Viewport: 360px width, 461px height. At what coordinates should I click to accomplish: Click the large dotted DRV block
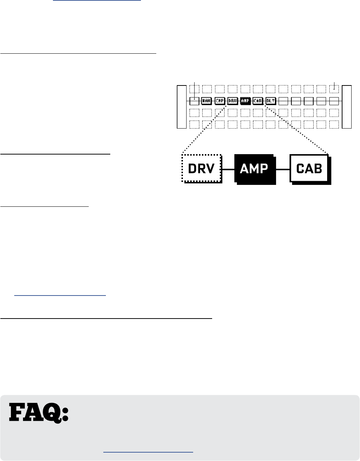click(x=202, y=168)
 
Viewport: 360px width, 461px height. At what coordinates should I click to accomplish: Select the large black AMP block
click(x=254, y=168)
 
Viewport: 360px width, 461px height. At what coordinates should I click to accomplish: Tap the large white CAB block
click(x=309, y=168)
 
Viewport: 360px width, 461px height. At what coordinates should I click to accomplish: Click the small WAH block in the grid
click(x=207, y=100)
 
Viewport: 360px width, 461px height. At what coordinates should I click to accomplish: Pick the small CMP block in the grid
click(x=219, y=100)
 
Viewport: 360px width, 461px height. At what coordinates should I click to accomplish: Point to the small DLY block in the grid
click(x=271, y=100)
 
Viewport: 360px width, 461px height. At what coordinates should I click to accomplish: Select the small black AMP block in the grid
click(x=245, y=100)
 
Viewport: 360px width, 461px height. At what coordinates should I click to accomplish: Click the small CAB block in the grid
click(x=258, y=100)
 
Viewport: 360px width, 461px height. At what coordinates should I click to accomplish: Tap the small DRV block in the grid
click(x=232, y=100)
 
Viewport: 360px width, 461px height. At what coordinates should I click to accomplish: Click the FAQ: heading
click(x=39, y=413)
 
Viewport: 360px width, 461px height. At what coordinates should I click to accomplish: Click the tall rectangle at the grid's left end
click(x=181, y=107)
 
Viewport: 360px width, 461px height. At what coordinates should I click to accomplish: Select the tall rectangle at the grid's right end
click(x=347, y=107)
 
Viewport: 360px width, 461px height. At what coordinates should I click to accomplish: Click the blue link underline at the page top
click(x=97, y=1)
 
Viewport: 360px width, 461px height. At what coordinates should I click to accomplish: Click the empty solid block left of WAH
click(x=194, y=100)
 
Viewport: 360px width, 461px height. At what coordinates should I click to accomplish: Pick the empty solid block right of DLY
click(x=283, y=100)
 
